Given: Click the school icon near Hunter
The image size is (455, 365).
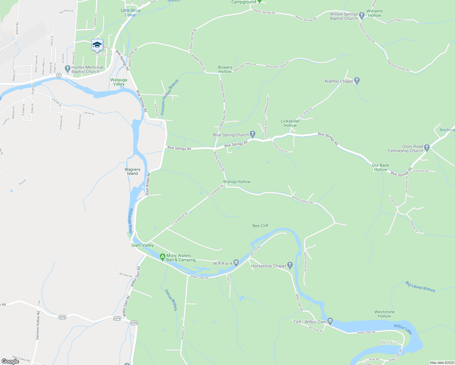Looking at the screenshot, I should [x=97, y=45].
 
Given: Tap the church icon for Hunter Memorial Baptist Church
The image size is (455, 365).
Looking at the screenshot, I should [x=68, y=68].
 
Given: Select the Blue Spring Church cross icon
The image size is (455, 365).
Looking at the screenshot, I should [x=252, y=134].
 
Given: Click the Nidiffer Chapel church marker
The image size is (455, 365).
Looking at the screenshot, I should [x=357, y=81].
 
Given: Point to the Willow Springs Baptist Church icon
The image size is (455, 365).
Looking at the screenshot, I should [x=362, y=15].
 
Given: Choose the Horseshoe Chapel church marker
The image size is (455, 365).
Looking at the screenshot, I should [x=290, y=265].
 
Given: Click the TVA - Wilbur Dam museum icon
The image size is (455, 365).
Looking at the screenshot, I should [x=330, y=321].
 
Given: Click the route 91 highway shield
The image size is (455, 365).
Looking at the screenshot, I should [x=59, y=75].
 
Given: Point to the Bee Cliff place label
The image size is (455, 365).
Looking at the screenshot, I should [x=260, y=226].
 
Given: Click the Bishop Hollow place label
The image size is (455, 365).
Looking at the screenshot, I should [x=237, y=182].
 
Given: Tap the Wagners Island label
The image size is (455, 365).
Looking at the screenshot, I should [x=132, y=172].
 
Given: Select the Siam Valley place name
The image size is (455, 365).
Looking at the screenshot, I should [x=142, y=245].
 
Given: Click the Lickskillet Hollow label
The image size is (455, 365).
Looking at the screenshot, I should [x=290, y=123].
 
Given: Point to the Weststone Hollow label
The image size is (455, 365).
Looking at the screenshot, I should [x=384, y=314].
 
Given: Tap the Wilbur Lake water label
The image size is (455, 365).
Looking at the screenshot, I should [x=403, y=329].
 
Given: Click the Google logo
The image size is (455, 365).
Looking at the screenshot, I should [x=10, y=361].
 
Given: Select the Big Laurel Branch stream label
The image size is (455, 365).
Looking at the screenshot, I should [x=420, y=287].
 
